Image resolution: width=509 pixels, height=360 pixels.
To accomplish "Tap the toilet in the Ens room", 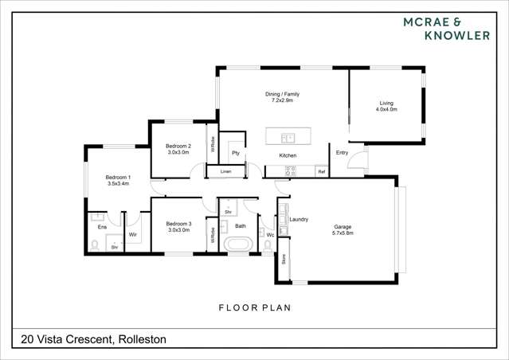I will [x=95, y=246].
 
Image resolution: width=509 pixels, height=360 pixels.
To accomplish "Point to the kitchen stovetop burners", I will [x=291, y=170].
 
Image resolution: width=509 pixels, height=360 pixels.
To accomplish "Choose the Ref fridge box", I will [x=322, y=171].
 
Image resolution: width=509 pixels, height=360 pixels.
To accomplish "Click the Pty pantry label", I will [x=236, y=152].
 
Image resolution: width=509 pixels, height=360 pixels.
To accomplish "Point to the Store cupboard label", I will [x=284, y=259].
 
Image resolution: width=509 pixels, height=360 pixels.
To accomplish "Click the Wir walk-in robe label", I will [x=133, y=235].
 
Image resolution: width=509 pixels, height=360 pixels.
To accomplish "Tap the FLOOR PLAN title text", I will [x=255, y=307].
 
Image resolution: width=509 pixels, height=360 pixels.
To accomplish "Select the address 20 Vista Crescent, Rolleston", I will [x=89, y=339].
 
